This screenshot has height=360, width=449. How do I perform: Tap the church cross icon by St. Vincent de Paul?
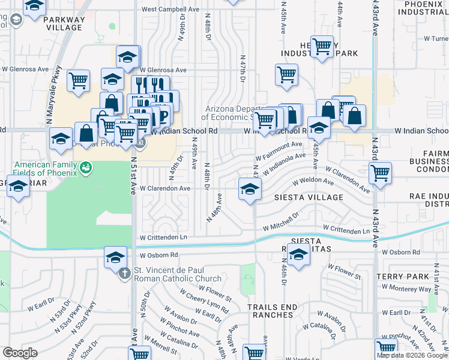(125, 274)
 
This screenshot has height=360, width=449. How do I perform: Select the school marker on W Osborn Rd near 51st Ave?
(114, 257)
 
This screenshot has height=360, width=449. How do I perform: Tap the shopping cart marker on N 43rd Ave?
(380, 173)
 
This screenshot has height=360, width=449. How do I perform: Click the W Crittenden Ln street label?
(163, 238)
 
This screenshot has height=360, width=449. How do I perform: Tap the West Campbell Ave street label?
(170, 10)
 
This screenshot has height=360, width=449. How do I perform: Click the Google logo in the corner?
(20, 352)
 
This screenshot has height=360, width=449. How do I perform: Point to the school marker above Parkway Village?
(35, 6)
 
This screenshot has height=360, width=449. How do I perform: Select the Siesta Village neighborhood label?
(309, 197)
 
